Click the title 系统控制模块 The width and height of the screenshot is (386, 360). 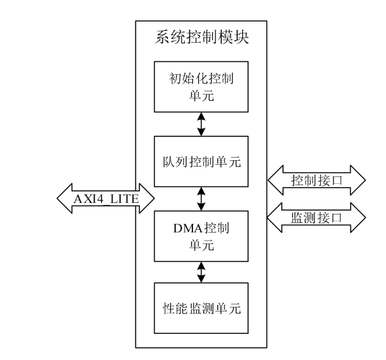pyautogui.click(x=201, y=38)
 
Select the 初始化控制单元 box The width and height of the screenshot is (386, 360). pyautogui.click(x=201, y=88)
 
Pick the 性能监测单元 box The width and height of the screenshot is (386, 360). pyautogui.click(x=201, y=308)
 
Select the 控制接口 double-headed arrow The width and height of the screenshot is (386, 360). pyautogui.click(x=315, y=180)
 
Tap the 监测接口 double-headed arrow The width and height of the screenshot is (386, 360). pyautogui.click(x=315, y=218)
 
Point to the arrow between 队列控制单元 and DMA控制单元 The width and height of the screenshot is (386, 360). pyautogui.click(x=201, y=198)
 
